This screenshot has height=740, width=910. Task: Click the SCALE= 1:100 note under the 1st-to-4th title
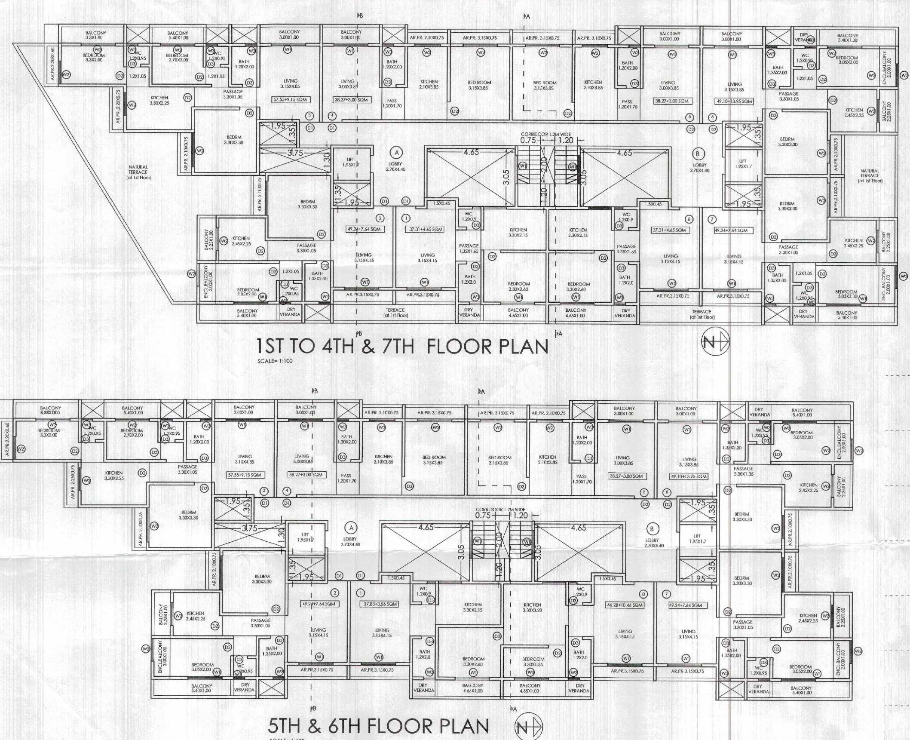tap(275, 361)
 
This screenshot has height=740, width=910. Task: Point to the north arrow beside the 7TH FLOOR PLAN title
tap(715, 342)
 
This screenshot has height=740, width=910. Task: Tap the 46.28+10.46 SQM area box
tap(625, 605)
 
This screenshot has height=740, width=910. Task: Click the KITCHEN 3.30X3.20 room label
tap(532, 607)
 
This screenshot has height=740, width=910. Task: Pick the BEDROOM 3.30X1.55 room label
tap(533, 661)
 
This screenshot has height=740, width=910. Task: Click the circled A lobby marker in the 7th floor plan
tap(397, 152)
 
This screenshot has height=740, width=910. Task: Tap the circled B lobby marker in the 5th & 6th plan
tap(652, 529)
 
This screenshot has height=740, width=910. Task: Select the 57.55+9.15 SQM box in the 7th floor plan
tap(290, 100)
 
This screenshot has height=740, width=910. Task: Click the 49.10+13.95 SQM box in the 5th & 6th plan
tap(689, 476)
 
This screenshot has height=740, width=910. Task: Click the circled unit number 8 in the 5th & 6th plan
tap(643, 594)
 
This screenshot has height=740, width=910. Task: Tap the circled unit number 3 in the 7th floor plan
tap(309, 116)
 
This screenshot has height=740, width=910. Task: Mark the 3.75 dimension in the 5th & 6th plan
tap(249, 528)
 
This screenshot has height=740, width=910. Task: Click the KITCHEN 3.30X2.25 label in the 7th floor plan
tap(159, 100)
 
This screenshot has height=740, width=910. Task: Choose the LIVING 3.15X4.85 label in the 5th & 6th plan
tap(245, 459)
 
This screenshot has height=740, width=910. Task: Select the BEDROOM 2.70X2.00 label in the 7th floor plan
tap(177, 58)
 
